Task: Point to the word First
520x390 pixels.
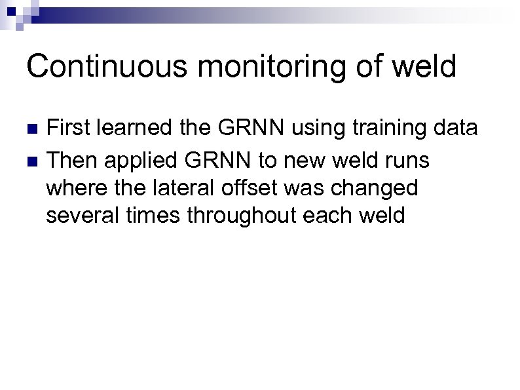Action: (x=69, y=128)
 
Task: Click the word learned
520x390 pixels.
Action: (x=136, y=128)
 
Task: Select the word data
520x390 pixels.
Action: (x=456, y=128)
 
